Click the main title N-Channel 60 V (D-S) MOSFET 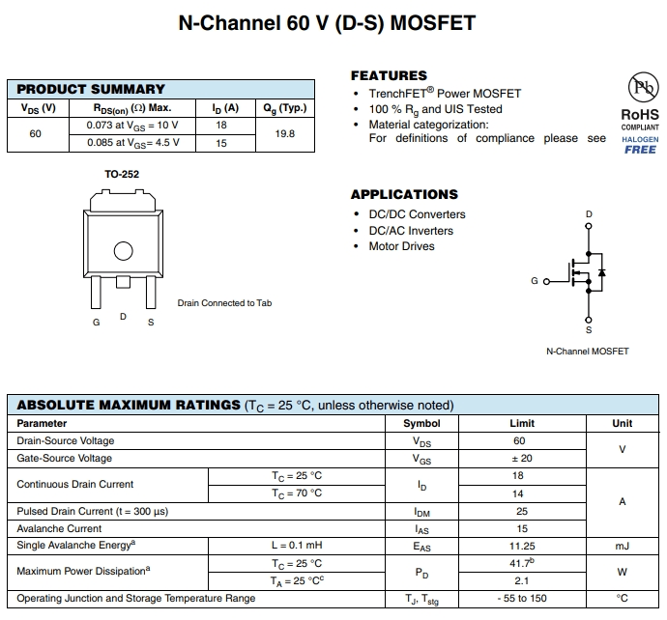[x=328, y=22]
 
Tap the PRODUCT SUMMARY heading [x=91, y=89]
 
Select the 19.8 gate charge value [x=284, y=134]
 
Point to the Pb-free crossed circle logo [x=641, y=89]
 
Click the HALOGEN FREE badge [x=640, y=145]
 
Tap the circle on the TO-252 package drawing [x=123, y=251]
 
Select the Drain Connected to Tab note [x=224, y=303]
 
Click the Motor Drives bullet [x=401, y=246]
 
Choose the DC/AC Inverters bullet [x=410, y=231]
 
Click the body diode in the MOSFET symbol [x=600, y=273]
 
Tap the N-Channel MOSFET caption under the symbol [x=587, y=351]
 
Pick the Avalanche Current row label [x=59, y=528]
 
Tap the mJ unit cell [x=622, y=546]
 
